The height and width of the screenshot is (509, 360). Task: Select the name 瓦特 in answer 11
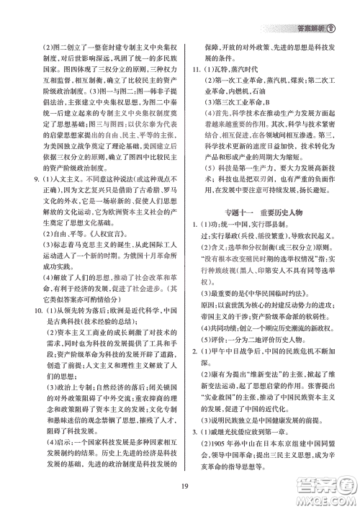[226, 69]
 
